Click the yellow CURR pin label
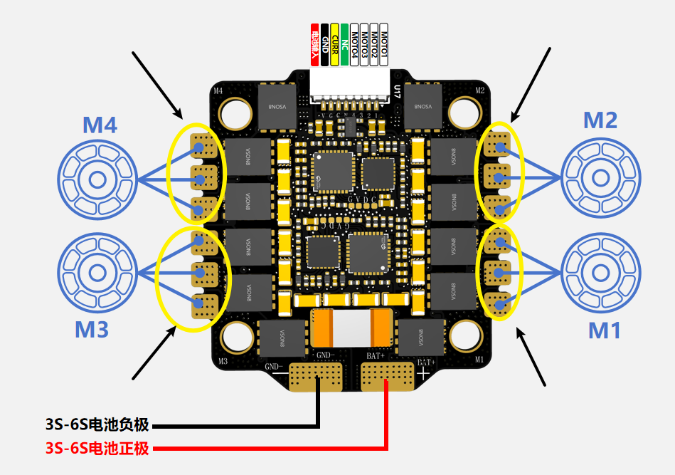pyautogui.click(x=335, y=45)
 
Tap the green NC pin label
pyautogui.click(x=345, y=45)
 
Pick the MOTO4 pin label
pyautogui.click(x=355, y=45)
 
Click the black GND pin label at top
pyautogui.click(x=325, y=45)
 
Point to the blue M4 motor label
pyautogui.click(x=100, y=126)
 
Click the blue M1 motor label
pyautogui.click(x=605, y=330)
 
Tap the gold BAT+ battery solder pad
pyautogui.click(x=387, y=377)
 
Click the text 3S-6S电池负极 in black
pyautogui.click(x=97, y=425)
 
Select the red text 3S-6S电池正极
pyautogui.click(x=97, y=448)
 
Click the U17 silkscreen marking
pyautogui.click(x=396, y=90)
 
